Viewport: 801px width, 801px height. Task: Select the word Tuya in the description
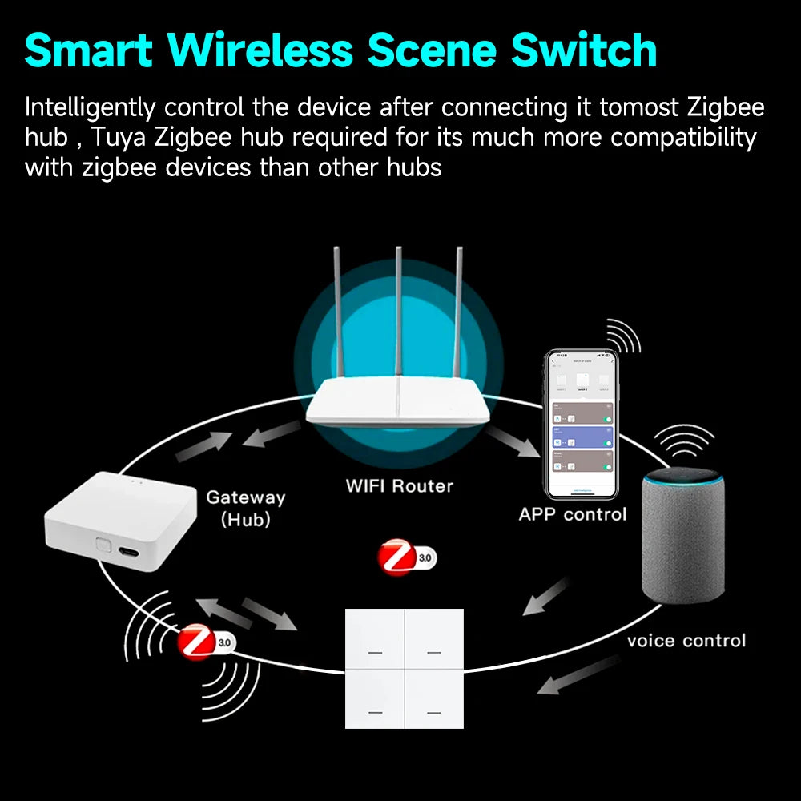pyautogui.click(x=120, y=138)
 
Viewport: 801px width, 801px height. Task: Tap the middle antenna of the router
pyautogui.click(x=398, y=312)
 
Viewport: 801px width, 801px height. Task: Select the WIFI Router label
pyautogui.click(x=399, y=486)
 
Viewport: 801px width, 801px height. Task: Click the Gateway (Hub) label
pyautogui.click(x=245, y=508)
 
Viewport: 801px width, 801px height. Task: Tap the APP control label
pyautogui.click(x=573, y=514)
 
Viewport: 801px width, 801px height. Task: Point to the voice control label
pyautogui.click(x=686, y=641)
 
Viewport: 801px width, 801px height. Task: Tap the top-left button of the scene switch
pyautogui.click(x=374, y=638)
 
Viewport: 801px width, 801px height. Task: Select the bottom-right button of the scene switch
pyautogui.click(x=433, y=698)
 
